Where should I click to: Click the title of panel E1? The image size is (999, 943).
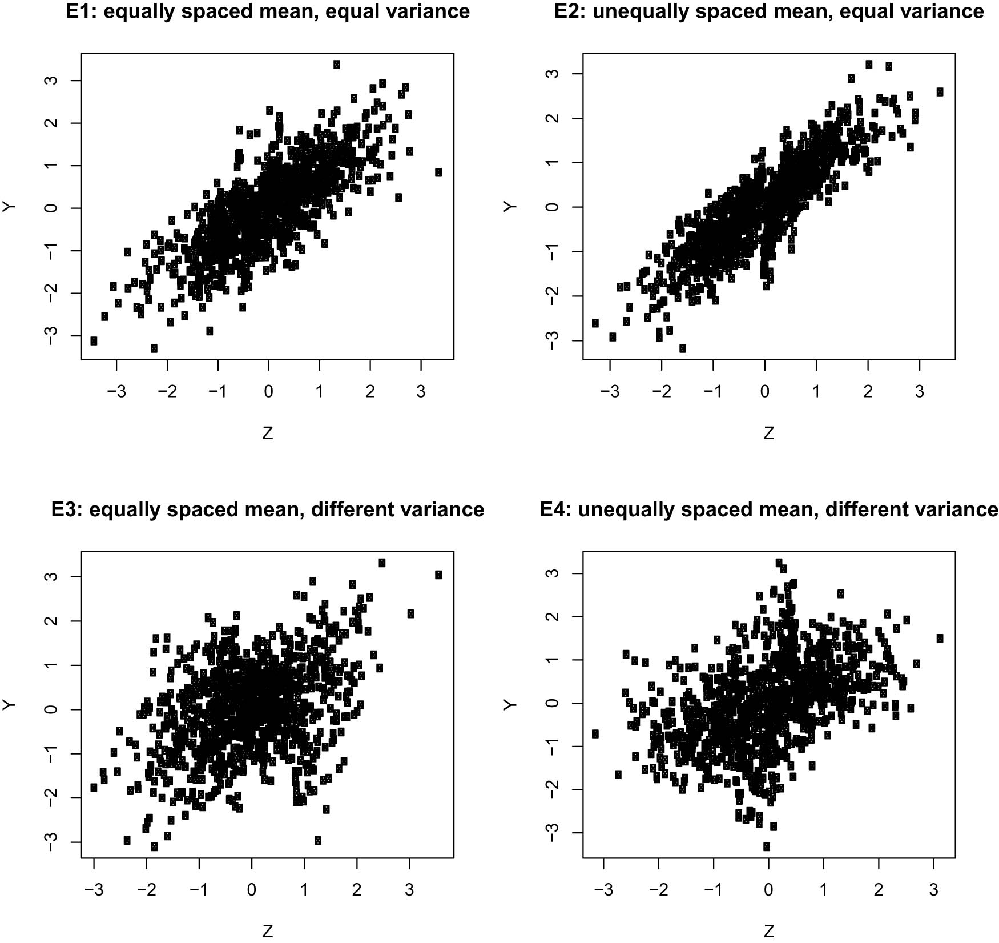pyautogui.click(x=268, y=11)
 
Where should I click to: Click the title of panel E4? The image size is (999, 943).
pyautogui.click(x=769, y=509)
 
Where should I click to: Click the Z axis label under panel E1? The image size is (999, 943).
pyautogui.click(x=268, y=433)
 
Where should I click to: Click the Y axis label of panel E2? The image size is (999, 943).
pyautogui.click(x=510, y=207)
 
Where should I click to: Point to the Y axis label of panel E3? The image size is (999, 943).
pyautogui.click(x=9, y=705)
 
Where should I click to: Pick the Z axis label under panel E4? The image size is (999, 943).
pyautogui.click(x=769, y=931)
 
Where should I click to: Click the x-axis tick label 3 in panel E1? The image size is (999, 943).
pyautogui.click(x=421, y=392)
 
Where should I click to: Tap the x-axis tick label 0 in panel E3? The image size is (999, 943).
pyautogui.click(x=252, y=890)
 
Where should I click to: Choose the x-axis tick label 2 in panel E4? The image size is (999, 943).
pyautogui.click(x=879, y=890)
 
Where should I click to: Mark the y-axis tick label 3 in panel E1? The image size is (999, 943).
pyautogui.click(x=51, y=81)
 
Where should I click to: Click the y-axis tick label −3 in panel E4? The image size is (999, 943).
pyautogui.click(x=551, y=833)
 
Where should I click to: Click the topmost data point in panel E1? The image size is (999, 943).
pyautogui.click(x=337, y=65)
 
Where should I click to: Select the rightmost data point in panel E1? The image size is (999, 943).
pyautogui.click(x=438, y=172)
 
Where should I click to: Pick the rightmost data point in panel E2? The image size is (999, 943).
pyautogui.click(x=940, y=92)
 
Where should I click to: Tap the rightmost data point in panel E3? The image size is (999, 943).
pyautogui.click(x=438, y=575)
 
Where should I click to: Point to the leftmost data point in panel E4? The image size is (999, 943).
pyautogui.click(x=595, y=733)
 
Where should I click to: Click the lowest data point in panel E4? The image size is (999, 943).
pyautogui.click(x=767, y=846)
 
